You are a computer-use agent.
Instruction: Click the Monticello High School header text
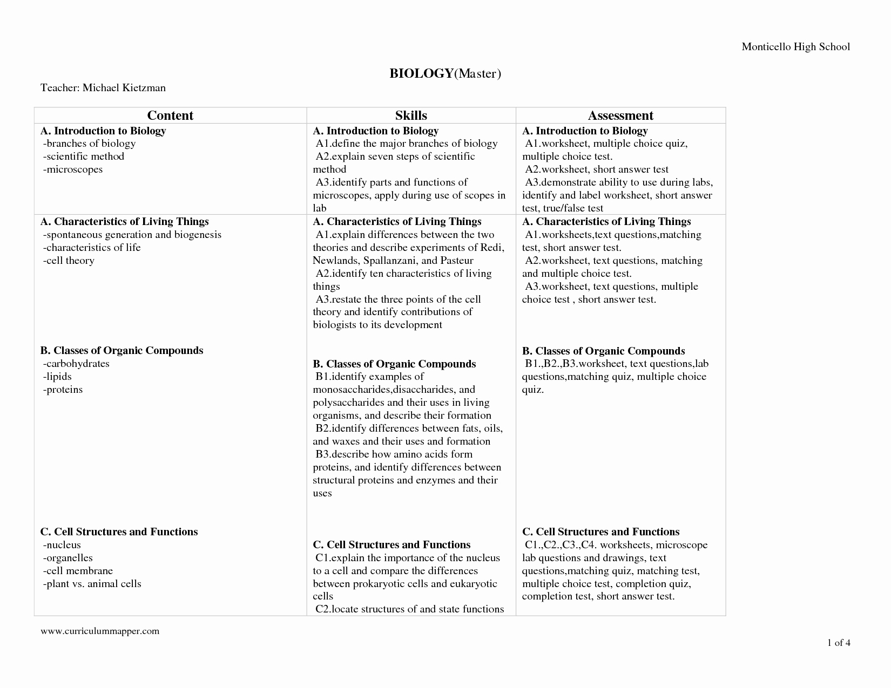795,47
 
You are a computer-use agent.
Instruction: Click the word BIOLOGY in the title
421,73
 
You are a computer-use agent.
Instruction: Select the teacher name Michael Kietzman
124,87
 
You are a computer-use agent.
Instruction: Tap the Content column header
170,115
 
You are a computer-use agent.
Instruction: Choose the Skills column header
411,115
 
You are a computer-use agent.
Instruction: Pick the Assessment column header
620,115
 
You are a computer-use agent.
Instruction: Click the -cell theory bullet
69,261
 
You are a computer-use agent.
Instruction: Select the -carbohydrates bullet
76,364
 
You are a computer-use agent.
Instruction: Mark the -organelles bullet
67,558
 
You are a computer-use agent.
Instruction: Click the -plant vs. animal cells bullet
92,584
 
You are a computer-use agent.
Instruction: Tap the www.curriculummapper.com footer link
100,631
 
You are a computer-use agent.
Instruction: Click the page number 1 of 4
839,643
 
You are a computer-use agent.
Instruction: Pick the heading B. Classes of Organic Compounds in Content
122,351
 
